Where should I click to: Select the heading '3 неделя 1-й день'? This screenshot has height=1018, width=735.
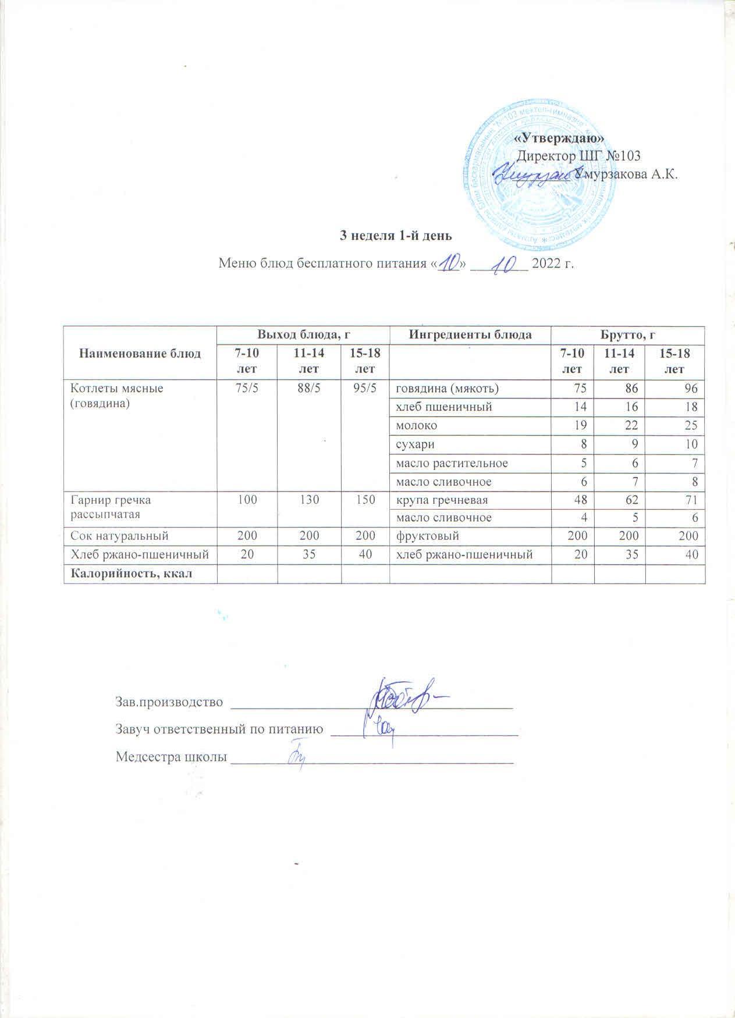coord(396,236)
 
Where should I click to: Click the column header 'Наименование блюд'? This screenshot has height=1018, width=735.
coord(140,353)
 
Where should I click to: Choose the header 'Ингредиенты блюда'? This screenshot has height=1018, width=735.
coord(470,334)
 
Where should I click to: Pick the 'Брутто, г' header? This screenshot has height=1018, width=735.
coord(628,334)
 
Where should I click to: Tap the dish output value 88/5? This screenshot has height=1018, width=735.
coord(308,389)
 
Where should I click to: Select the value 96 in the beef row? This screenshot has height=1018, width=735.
coord(691,389)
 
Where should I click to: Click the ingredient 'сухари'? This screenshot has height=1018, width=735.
coord(415,444)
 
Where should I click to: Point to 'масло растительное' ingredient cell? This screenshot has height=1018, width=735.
coord(452,463)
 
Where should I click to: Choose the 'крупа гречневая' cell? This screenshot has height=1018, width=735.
coord(442,500)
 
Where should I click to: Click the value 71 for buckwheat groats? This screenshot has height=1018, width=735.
coord(691,500)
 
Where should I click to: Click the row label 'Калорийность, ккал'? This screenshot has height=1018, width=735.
coord(132,574)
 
